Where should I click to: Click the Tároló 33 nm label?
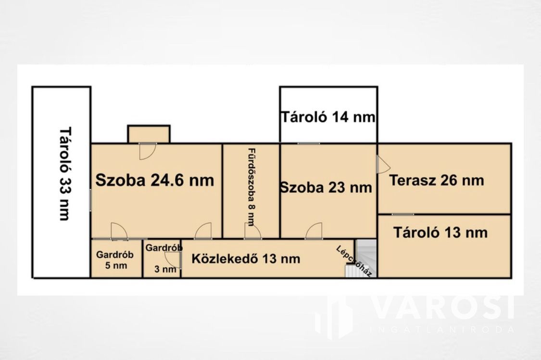[65, 174]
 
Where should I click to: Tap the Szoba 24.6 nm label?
[154, 180]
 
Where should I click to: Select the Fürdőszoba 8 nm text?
[252, 187]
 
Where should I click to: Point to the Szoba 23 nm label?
[326, 187]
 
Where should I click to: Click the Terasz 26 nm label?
[437, 180]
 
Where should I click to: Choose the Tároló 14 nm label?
[328, 117]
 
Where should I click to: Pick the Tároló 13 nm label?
[440, 233]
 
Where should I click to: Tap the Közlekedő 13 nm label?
[246, 259]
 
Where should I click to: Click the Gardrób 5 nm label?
[114, 260]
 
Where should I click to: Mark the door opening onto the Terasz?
[384, 164]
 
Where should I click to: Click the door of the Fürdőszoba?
[253, 231]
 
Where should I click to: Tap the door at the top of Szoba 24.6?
[148, 151]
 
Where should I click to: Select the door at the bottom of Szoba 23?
[314, 231]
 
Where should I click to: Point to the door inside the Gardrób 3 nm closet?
[173, 260]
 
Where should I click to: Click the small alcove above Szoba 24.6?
[149, 134]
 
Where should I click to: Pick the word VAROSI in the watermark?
[444, 307]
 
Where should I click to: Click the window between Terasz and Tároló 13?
[403, 214]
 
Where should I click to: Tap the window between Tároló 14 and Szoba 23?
[309, 143]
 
